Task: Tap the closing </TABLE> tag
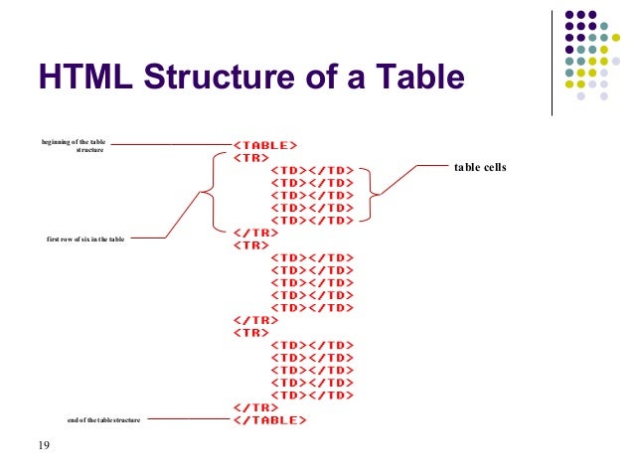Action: (x=269, y=420)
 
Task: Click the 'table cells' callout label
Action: (x=480, y=168)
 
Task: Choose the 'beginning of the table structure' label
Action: (x=74, y=146)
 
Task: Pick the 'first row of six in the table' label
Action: (x=85, y=239)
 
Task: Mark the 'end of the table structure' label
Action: (x=103, y=420)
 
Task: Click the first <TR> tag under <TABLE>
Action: (x=249, y=157)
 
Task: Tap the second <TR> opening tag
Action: (x=249, y=244)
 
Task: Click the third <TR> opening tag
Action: (x=249, y=332)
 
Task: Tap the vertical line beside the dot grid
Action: (x=552, y=64)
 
